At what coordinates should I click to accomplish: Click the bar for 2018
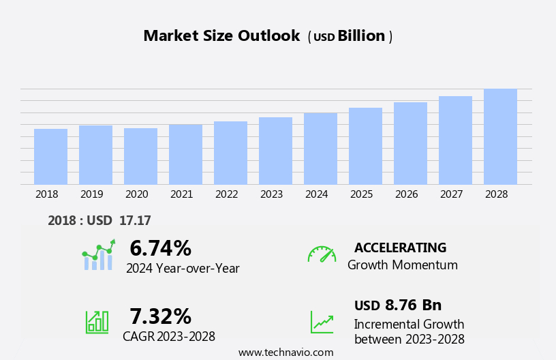click(x=50, y=157)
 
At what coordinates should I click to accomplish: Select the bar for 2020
click(x=140, y=156)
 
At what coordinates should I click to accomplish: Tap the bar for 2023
click(x=275, y=151)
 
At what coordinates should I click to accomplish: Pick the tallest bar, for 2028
click(x=500, y=136)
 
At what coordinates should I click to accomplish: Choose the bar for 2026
click(x=410, y=143)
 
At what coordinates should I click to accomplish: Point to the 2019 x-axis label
click(x=91, y=194)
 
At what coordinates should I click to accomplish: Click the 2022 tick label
click(x=226, y=194)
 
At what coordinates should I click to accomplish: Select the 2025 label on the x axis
click(x=361, y=194)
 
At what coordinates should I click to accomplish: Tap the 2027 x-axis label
click(x=451, y=194)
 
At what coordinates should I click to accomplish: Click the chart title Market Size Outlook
click(x=221, y=36)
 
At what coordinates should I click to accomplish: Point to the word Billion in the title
click(x=361, y=36)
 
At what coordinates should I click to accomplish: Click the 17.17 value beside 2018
click(x=135, y=220)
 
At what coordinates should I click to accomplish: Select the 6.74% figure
click(x=160, y=248)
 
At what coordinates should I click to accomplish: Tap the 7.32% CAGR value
click(x=160, y=316)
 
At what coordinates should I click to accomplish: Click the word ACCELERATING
click(x=400, y=247)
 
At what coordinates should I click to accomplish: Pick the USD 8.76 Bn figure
click(x=398, y=305)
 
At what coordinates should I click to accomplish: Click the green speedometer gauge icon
click(x=322, y=254)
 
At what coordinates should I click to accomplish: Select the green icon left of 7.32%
click(x=97, y=321)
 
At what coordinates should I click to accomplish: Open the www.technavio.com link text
click(x=285, y=352)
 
